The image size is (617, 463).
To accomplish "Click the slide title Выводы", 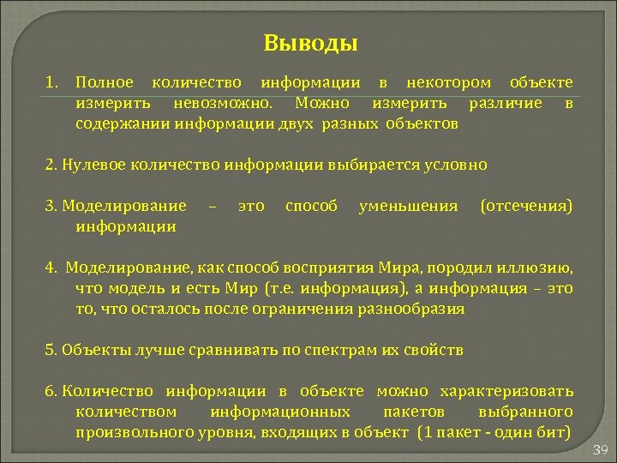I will pos(310,42).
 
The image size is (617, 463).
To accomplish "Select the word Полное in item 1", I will pos(105,82).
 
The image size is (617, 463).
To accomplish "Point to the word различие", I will pos(506,103).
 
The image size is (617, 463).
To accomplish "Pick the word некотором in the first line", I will pos(448,82).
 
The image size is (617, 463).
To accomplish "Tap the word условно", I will pos(456,165).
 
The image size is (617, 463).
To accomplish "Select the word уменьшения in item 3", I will pos(409,206).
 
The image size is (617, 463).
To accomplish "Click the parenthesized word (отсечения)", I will pos(527,206).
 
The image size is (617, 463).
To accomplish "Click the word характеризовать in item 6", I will pos(506,391).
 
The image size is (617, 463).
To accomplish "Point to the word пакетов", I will pos(414,412).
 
